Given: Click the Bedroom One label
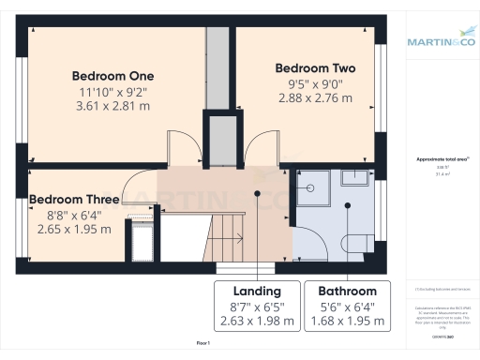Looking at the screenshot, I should click(113, 75).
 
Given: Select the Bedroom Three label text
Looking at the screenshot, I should click(74, 200).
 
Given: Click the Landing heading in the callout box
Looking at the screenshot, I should click(257, 291).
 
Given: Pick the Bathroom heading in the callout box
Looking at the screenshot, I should click(347, 291).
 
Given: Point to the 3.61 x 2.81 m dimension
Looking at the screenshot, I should click(113, 106).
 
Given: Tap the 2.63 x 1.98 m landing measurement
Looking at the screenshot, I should click(257, 322).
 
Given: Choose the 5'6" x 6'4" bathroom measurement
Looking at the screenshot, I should click(347, 307).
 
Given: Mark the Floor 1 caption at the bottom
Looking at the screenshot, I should click(203, 344).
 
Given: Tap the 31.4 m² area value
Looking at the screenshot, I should click(442, 174).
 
